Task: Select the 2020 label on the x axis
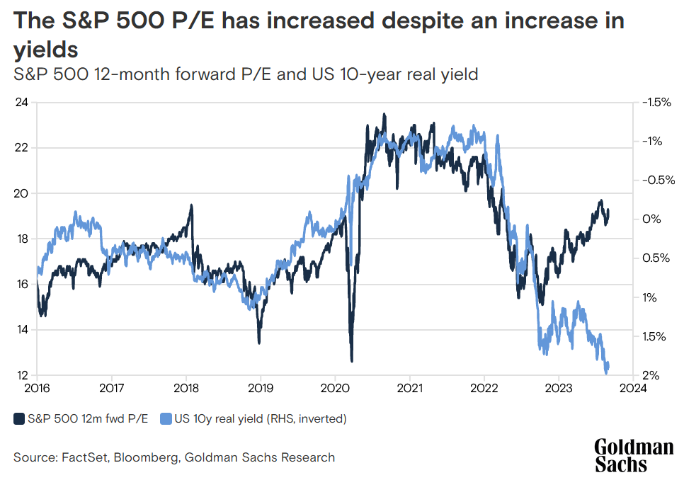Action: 335,388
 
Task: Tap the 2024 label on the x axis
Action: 633,388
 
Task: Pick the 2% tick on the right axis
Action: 651,375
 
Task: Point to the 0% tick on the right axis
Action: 651,219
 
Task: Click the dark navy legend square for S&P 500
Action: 19,418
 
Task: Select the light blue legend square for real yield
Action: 168,418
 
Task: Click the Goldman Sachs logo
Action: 634,455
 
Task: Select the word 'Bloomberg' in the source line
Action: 145,457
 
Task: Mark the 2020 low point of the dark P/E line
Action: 352,360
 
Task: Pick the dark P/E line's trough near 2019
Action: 258,343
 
